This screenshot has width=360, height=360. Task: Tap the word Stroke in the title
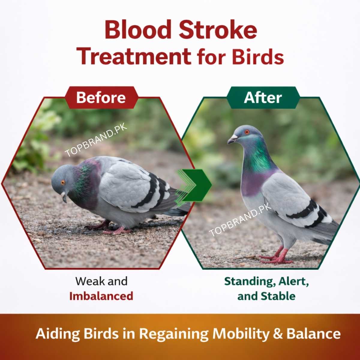[x=218, y=30]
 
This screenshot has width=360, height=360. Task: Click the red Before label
[x=101, y=98]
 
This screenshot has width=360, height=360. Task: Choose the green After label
[x=263, y=98]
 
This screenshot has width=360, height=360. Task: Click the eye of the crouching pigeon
[x=63, y=182]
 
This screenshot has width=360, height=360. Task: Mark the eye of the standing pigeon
[x=247, y=132]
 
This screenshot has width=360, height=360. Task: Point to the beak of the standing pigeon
[x=231, y=139]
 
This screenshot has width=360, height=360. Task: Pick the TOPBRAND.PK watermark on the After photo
[x=240, y=219]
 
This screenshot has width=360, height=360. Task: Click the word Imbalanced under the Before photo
[x=101, y=296]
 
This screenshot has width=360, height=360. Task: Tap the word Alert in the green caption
[x=293, y=281]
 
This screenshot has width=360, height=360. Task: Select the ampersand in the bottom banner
[x=278, y=334]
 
